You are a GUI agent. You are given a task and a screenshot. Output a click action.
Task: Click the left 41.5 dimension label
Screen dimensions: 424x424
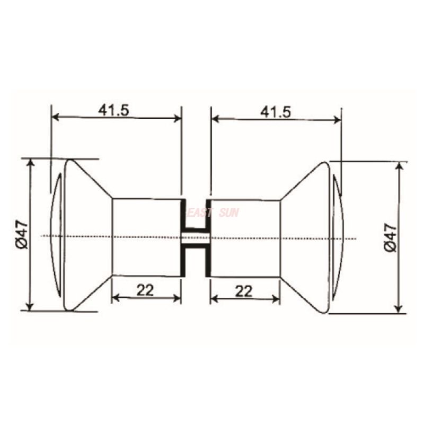[x=113, y=110]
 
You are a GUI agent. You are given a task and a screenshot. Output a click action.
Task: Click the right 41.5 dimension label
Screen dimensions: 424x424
[x=276, y=112]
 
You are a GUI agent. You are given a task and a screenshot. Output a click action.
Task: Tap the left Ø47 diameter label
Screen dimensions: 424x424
[x=22, y=234]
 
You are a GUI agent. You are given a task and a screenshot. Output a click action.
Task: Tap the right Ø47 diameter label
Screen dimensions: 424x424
[x=391, y=237]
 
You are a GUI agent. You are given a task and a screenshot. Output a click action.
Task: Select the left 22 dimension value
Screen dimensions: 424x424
[x=145, y=290]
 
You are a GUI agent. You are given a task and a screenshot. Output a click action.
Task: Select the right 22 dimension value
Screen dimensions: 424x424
[x=244, y=291]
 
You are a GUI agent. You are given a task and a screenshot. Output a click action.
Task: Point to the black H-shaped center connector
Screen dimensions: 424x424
[x=196, y=238]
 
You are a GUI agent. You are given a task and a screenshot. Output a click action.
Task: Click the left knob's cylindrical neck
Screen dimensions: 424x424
[x=146, y=237]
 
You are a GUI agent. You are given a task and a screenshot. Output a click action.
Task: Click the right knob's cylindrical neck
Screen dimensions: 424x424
[x=245, y=238]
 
